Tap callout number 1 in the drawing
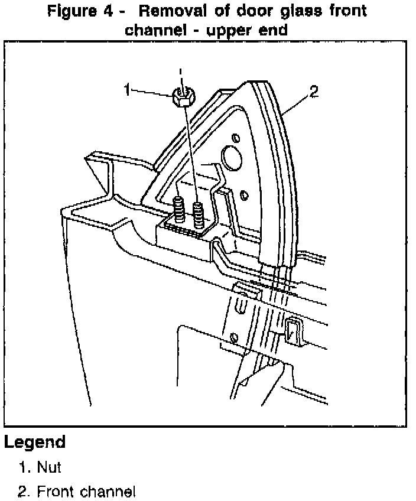[127, 90]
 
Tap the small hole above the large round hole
[236, 138]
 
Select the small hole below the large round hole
[244, 193]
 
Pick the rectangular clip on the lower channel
[293, 331]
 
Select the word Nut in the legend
[49, 468]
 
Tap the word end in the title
[274, 30]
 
